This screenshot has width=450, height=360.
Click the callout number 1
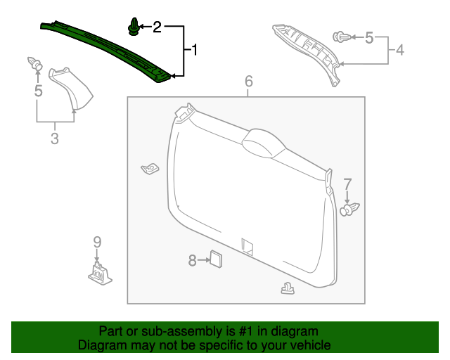pos(195,50)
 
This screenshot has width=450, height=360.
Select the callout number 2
pos(157,27)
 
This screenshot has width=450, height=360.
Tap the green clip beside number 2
pos(134,27)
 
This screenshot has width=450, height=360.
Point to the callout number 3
pos(55,138)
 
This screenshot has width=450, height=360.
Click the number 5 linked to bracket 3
pos(38,91)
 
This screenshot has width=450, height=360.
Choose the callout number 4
pos(400,50)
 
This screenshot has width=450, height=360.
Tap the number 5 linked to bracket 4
pos(369,37)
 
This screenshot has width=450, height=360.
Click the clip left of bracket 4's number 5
pos(342,37)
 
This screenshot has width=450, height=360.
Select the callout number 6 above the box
pos(249,81)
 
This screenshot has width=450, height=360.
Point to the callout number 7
pos(347,184)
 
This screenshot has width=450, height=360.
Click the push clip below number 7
pos(349,210)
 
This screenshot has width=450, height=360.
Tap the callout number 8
pos(192,260)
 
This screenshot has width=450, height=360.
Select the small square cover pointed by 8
pos(217,259)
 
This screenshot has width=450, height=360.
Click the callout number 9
pos(97,242)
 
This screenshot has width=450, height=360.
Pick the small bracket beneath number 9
pos(100,274)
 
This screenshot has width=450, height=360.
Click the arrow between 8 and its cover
pos(204,260)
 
